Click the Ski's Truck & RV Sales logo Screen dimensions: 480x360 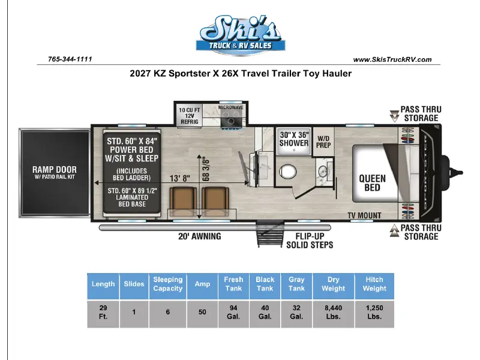[x=241, y=35]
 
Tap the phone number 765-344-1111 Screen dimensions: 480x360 [x=70, y=59]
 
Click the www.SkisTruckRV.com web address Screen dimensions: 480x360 [x=392, y=59]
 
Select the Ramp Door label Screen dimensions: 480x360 [x=55, y=172]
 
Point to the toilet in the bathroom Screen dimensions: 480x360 [x=288, y=172]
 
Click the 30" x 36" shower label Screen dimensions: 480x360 [x=294, y=139]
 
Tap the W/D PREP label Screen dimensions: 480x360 [x=323, y=142]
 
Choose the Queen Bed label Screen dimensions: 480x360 [x=372, y=183]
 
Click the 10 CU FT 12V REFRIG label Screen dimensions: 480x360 [x=190, y=116]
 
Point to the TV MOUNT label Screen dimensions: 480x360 [x=364, y=215]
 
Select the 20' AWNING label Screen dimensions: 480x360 [x=200, y=236]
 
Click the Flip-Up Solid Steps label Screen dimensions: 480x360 [x=310, y=241]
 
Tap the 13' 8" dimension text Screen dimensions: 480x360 [x=179, y=178]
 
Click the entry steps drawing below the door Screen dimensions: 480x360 [x=271, y=233]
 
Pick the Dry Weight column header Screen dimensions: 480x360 [x=334, y=284]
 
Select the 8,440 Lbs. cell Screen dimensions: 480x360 [x=334, y=312]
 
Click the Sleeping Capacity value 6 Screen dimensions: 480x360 [x=168, y=312]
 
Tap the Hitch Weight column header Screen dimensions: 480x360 [x=374, y=284]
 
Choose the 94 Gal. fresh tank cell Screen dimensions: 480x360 [x=233, y=312]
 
